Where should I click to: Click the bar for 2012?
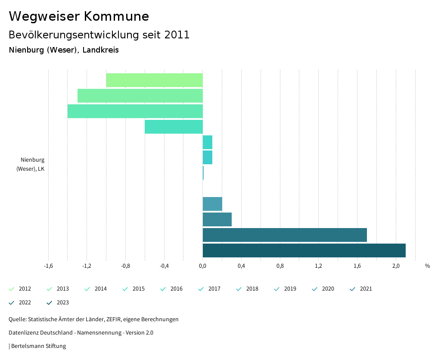[x=154, y=80]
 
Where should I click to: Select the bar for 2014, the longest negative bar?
[x=135, y=111]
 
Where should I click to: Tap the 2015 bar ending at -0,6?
[x=174, y=127]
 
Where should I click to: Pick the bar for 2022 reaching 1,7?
[x=285, y=235]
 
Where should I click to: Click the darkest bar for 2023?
[x=304, y=250]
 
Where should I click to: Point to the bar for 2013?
[x=140, y=96]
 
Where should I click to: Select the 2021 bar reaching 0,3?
[x=217, y=219]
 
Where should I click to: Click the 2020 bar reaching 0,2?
[x=212, y=204]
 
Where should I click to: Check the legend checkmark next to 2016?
[x=163, y=289]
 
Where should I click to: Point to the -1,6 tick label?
[x=48, y=266]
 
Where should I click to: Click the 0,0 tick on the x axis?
[x=202, y=266]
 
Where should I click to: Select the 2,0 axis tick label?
[x=396, y=266]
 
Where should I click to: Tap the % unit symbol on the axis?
[x=427, y=266]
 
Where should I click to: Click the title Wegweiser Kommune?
[x=79, y=16]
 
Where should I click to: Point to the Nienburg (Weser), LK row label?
[x=31, y=164]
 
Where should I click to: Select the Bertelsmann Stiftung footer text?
[x=38, y=346]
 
